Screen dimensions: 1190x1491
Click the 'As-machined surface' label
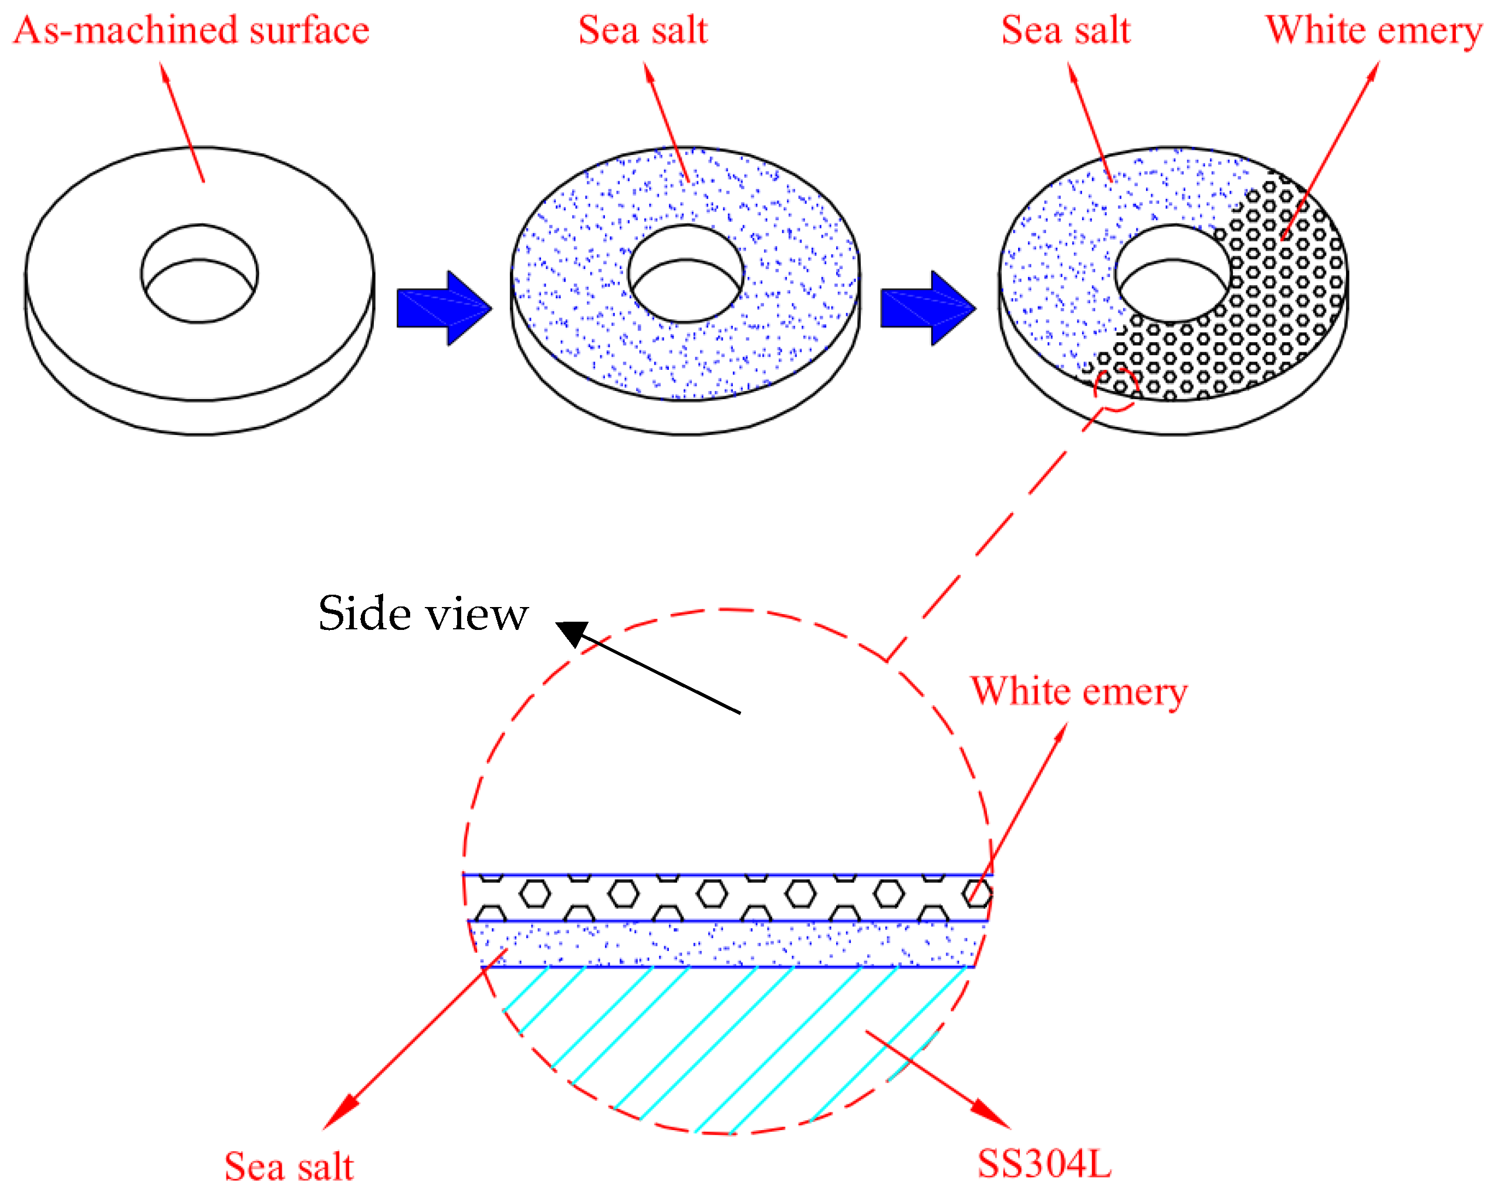(191, 31)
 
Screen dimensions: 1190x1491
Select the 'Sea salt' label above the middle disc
(643, 31)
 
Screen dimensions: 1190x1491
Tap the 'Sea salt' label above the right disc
(1066, 31)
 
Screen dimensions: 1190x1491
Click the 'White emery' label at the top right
(1374, 31)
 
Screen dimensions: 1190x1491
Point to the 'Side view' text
(422, 613)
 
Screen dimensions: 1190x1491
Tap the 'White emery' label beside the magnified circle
(1079, 691)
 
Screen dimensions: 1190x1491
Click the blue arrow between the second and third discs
(927, 308)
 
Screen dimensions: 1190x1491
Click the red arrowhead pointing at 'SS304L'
(992, 1114)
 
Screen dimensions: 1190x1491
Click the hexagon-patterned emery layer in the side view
(726, 897)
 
